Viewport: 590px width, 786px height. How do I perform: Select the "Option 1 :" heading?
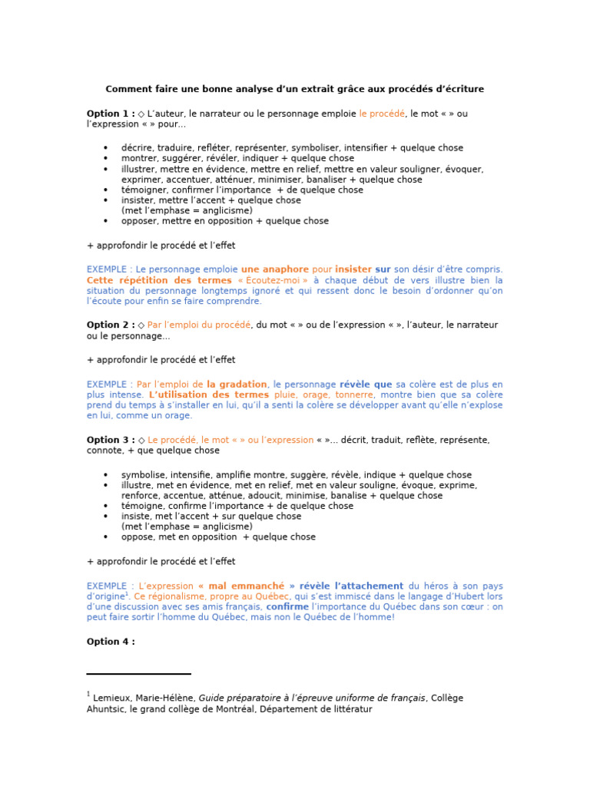[111, 114]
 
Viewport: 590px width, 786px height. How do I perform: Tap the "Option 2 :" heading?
[111, 325]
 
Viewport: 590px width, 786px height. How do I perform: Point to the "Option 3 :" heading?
[111, 440]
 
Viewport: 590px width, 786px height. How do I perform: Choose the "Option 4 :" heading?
[111, 642]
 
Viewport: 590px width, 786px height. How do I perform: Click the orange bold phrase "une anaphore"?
[274, 269]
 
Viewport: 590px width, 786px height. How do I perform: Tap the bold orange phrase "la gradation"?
[237, 384]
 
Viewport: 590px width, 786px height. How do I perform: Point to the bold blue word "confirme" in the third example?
[287, 606]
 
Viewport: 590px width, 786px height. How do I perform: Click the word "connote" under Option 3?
[105, 451]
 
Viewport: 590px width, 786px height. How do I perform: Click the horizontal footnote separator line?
[139, 674]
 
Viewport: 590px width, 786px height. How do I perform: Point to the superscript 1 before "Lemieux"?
[88, 695]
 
